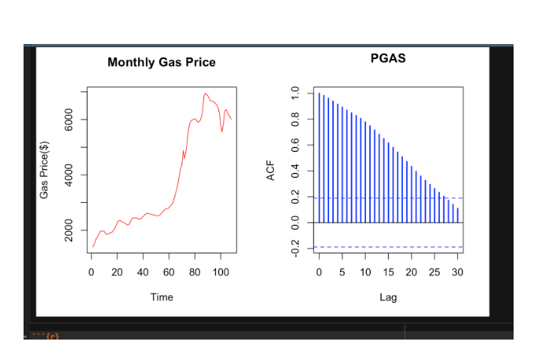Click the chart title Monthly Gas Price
[161, 62]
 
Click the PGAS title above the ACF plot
[388, 58]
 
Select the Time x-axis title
[162, 297]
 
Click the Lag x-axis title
[388, 297]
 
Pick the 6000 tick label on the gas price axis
[69, 119]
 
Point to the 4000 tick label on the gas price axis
[69, 174]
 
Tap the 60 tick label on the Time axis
[169, 272]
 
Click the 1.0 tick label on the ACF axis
[294, 94]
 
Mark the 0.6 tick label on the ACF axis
[294, 145]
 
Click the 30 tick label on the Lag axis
[458, 272]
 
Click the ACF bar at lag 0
[319, 157]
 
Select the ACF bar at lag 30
[458, 215]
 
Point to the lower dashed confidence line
[388, 247]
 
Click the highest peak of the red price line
[206, 94]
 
